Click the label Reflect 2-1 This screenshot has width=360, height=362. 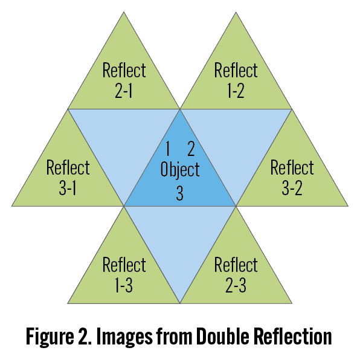point(124,80)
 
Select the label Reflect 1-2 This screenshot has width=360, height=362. point(236,80)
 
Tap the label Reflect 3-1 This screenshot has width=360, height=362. point(68,178)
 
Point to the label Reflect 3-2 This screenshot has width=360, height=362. point(292,178)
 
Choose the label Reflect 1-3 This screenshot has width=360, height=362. point(124,275)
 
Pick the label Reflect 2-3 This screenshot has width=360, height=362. point(236,275)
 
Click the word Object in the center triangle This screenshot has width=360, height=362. point(180,170)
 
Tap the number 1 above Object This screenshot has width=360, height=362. point(168,149)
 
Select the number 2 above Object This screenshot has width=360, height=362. point(191,149)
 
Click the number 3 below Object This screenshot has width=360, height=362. point(180,193)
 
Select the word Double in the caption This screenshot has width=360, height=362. point(223,337)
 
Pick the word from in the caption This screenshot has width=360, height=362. point(175,337)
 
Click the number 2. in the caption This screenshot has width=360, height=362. point(85,337)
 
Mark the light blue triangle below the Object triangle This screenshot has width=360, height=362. point(180,238)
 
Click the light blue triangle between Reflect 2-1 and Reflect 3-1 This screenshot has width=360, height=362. point(124,141)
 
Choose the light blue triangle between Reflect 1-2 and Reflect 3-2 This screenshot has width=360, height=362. point(236,141)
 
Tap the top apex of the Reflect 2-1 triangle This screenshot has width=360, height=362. point(124,11)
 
